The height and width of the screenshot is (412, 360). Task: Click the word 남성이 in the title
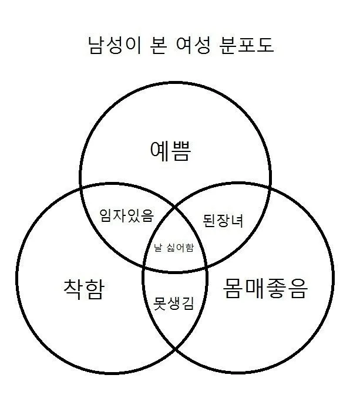pos(115,45)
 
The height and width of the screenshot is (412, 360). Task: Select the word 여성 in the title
pos(193,45)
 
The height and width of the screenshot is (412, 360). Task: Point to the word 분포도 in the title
pos(247,45)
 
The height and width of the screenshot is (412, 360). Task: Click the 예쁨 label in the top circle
pos(170,151)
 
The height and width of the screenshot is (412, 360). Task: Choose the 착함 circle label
pos(84,289)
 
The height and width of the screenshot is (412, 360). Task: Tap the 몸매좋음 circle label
pos(265,288)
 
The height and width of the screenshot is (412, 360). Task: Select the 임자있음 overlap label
pos(126,215)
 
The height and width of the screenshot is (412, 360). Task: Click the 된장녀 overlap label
pos(223,221)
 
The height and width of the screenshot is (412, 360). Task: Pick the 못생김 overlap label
pos(174,303)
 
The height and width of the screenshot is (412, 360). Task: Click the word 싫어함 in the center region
pos(180,248)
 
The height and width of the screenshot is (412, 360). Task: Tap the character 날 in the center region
pos(157,248)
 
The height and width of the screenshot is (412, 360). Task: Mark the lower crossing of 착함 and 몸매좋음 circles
pos(175,349)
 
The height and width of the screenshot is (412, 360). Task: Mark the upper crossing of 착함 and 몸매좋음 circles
pos(175,207)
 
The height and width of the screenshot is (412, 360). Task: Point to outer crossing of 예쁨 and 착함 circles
pos(80,188)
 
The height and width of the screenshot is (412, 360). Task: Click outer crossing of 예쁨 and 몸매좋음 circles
pos(270,187)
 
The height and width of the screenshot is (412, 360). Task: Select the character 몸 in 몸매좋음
pos(233,288)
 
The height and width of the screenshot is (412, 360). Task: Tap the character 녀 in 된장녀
pos(237,221)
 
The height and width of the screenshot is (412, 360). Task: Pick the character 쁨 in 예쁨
pos(180,151)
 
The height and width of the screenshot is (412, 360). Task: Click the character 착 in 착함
pos(73,289)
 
